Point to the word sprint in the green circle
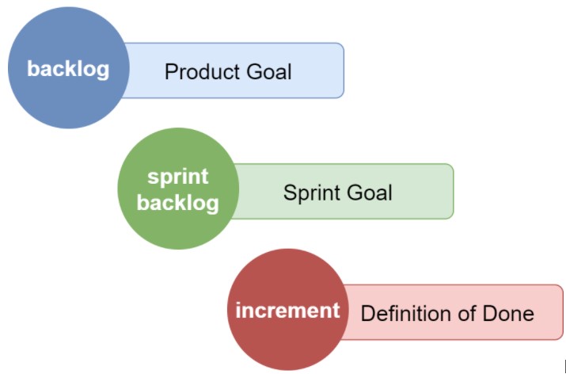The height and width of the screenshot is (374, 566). pyautogui.click(x=177, y=177)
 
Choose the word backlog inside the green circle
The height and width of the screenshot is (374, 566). pyautogui.click(x=177, y=202)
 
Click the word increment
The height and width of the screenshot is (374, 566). pyautogui.click(x=287, y=311)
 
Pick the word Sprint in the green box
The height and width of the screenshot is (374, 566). pyautogui.click(x=311, y=193)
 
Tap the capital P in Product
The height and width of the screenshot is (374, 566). pyautogui.click(x=170, y=72)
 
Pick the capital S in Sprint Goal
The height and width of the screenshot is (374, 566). pyautogui.click(x=290, y=193)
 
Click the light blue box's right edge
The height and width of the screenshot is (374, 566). pyautogui.click(x=344, y=71)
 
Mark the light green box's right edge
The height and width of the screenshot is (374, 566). pyautogui.click(x=454, y=191)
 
